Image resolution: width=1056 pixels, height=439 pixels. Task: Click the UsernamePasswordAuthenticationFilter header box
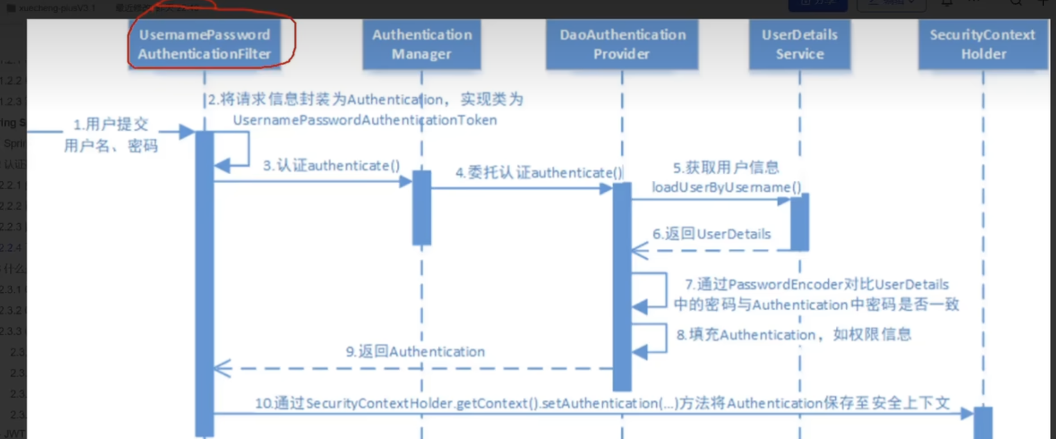[x=205, y=44]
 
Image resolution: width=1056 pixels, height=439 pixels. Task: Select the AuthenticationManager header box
[x=421, y=44]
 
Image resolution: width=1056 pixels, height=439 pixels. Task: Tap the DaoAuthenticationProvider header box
[x=622, y=44]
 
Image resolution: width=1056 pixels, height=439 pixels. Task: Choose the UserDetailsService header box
[x=799, y=44]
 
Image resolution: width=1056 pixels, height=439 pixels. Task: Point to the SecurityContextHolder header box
[x=983, y=44]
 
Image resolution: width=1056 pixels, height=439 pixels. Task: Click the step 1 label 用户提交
[x=111, y=125]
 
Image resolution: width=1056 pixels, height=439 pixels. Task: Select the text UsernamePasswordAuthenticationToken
[x=365, y=120]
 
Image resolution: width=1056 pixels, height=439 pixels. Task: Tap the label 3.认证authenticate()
[x=331, y=166]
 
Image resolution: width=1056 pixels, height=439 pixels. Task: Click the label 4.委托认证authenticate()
[x=539, y=173]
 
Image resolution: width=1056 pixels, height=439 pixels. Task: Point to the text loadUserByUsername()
[x=726, y=187]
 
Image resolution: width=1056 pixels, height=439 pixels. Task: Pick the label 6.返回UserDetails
[x=711, y=234]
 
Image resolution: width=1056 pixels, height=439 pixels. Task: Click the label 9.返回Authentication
[x=415, y=351]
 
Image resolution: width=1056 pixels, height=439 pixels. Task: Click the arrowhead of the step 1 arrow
[x=187, y=132]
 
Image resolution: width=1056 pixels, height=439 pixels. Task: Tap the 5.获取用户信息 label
[x=726, y=167]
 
